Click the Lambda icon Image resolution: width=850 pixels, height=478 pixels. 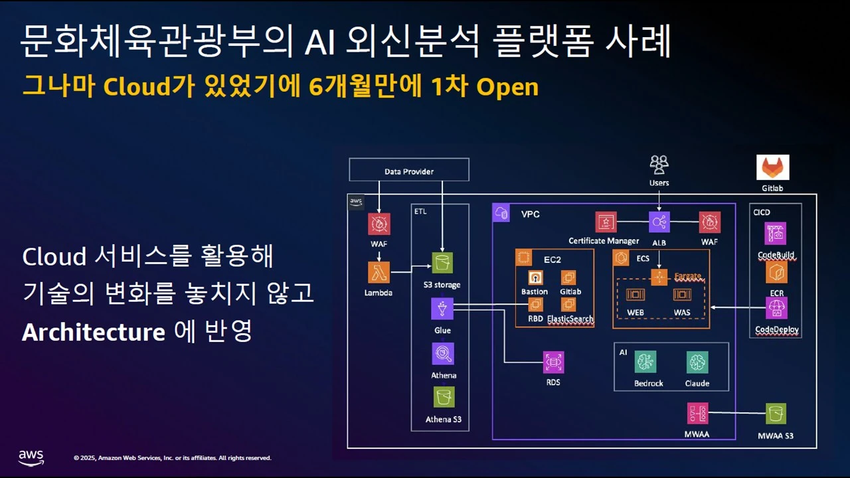click(x=379, y=272)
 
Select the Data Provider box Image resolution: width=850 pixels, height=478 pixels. click(x=409, y=170)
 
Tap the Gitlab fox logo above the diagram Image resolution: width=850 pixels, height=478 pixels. click(x=773, y=167)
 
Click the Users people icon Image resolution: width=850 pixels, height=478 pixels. click(x=659, y=164)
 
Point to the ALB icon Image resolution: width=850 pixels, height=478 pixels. click(x=659, y=222)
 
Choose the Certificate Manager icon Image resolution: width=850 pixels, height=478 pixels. click(x=606, y=222)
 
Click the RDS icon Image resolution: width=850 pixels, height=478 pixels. click(x=553, y=362)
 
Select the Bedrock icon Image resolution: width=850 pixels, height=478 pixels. click(x=645, y=362)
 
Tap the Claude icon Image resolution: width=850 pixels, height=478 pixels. click(x=697, y=362)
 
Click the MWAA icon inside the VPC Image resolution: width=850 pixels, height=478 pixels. click(x=697, y=414)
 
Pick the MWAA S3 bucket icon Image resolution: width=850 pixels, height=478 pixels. click(x=775, y=414)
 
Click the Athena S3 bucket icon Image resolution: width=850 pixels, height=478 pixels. click(x=444, y=397)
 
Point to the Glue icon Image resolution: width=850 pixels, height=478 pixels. click(x=442, y=309)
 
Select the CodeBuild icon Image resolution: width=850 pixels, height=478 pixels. click(x=776, y=233)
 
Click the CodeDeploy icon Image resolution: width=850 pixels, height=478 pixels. click(x=776, y=308)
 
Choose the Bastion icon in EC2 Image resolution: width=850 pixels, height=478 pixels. click(x=535, y=278)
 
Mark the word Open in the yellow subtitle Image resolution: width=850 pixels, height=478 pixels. click(x=507, y=87)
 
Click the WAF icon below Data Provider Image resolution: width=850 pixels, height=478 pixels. click(x=379, y=224)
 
